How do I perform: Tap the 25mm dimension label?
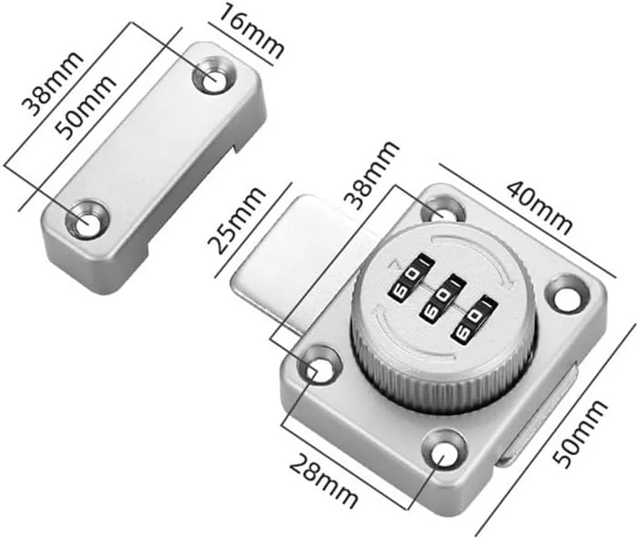point(237,221)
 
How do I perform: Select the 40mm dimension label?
point(540,208)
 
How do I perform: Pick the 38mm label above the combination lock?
point(370,175)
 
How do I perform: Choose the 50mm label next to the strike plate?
point(86,108)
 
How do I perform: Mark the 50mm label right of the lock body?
point(581,434)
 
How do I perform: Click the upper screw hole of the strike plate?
point(214,76)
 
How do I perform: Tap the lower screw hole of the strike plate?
point(88,220)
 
